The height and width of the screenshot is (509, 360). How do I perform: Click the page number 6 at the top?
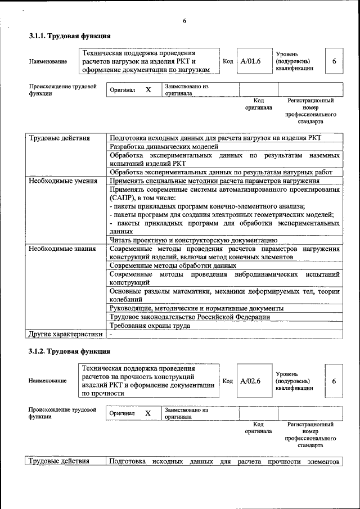(x=184, y=21)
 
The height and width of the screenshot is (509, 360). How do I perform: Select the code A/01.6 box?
(x=251, y=61)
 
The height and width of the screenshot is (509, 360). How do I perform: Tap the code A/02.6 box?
(x=251, y=381)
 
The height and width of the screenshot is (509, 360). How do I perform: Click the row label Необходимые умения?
(x=62, y=181)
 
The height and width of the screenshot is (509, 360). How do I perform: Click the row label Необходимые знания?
(x=62, y=248)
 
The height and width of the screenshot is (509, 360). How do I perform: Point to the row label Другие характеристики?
(x=66, y=334)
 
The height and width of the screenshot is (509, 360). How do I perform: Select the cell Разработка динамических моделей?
(x=161, y=147)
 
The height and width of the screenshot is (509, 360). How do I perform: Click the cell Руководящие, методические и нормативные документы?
(x=196, y=308)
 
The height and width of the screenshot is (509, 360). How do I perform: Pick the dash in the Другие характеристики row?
(x=111, y=334)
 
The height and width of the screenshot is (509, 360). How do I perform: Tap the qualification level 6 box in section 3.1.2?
(x=334, y=381)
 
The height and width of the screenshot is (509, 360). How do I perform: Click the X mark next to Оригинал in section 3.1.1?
(x=148, y=90)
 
